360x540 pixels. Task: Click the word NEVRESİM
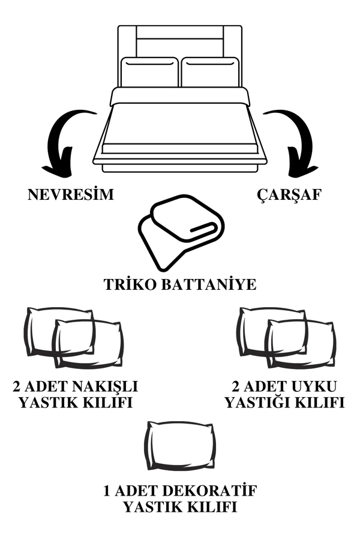70,195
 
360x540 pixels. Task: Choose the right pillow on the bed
210,72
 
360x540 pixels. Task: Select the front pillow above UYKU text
300,344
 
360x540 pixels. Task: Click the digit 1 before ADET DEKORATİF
108,491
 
